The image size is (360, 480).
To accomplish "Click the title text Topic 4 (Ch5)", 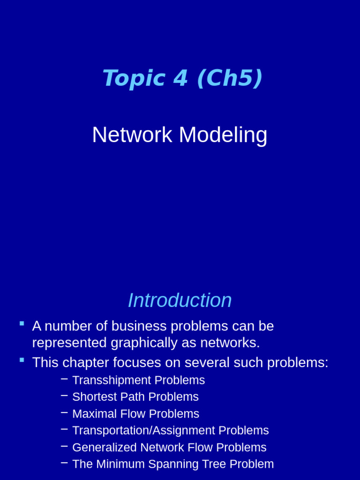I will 182,78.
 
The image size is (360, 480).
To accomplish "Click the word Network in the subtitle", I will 132,135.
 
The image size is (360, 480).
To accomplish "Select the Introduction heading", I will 180,300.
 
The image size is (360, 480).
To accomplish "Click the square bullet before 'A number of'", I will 22,323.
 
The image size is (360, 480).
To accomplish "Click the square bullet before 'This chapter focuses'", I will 22,360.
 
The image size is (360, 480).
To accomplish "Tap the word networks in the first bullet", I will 229,343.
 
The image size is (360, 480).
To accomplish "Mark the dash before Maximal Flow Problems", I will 64,412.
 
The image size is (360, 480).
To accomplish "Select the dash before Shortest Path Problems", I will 64,396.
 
